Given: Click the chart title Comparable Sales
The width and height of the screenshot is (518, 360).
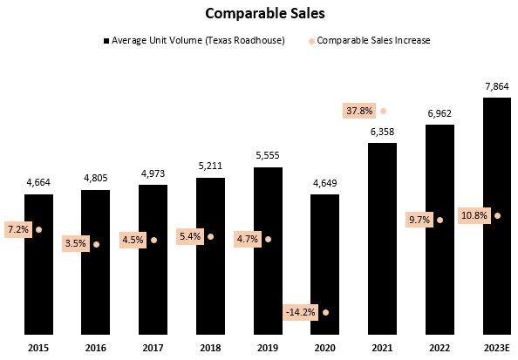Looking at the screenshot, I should pos(258,14).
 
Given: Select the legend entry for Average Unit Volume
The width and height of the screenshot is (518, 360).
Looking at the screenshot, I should pos(194,40).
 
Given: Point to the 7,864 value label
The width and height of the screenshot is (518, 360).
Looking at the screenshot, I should pos(496,88).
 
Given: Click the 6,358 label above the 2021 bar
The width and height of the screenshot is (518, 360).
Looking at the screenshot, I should pos(382,132).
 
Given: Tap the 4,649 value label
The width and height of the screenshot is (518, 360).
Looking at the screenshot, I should pos(325,184).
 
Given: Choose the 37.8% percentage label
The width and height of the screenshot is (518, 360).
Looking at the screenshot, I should pos(359,111).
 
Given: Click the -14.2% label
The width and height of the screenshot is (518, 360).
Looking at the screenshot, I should pos(302,311).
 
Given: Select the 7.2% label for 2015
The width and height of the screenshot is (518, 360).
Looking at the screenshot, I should pos(17,229).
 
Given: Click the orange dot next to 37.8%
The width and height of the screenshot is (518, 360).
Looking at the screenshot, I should pos(383,111).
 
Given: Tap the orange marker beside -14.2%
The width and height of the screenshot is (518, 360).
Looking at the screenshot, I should pos(325,311).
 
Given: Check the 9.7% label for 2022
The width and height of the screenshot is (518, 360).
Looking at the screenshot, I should pos(418,220).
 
